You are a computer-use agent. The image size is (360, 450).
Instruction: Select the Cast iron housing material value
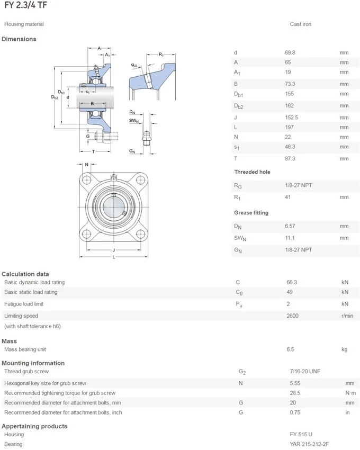coord(300,24)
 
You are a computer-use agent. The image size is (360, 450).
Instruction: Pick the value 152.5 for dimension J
coord(292,118)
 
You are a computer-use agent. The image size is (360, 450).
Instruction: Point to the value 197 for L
coord(290,128)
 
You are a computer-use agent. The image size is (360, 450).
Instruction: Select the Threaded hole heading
coord(252,172)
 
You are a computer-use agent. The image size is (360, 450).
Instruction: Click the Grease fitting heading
coord(251,213)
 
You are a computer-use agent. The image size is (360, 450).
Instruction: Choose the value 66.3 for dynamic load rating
coord(292,283)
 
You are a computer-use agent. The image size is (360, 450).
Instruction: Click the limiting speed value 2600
coord(292,316)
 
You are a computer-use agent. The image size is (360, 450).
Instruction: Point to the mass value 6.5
coord(290,349)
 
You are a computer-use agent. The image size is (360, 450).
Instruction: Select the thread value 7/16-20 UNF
coord(304,372)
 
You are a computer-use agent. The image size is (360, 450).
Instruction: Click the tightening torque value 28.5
coord(295,393)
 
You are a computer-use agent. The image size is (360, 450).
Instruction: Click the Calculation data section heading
coord(25,274)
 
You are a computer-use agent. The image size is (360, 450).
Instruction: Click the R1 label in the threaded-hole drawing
coord(161,55)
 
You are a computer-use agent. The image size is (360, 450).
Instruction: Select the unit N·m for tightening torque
coord(349,393)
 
